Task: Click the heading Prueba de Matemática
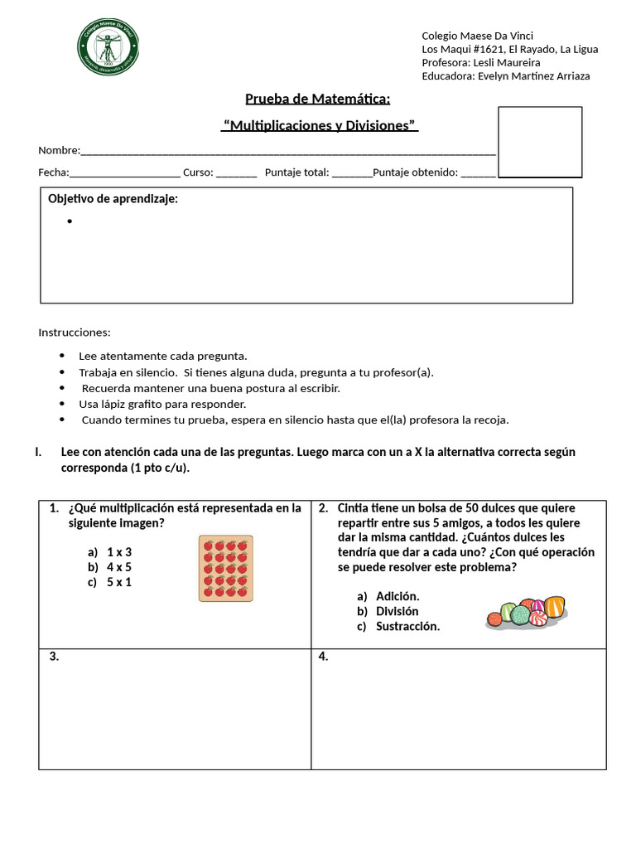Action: (x=317, y=99)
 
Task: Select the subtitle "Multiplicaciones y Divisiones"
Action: (x=320, y=125)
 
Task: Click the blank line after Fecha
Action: (x=125, y=173)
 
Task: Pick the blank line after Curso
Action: (x=237, y=173)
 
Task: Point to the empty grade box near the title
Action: (x=539, y=141)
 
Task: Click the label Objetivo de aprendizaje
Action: (x=113, y=199)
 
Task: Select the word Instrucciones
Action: (x=74, y=332)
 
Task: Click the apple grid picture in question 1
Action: (x=225, y=568)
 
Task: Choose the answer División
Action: (x=397, y=611)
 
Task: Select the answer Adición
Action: (x=397, y=596)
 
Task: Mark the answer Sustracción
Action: (x=407, y=626)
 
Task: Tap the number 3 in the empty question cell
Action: (x=54, y=657)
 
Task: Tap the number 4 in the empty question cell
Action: (x=324, y=657)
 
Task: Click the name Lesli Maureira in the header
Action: (x=506, y=63)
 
